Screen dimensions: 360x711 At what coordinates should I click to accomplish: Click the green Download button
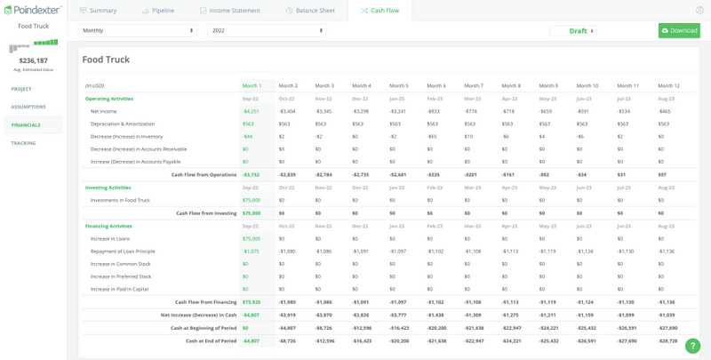coord(679,30)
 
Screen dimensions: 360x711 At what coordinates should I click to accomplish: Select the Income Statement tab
coord(233,11)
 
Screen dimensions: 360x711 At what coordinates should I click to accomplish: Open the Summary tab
coord(99,11)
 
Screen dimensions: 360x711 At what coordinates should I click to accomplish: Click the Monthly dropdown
coord(138,30)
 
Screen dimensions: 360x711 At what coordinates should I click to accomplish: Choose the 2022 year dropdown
coord(266,30)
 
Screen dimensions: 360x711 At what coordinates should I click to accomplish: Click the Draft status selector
coord(581,31)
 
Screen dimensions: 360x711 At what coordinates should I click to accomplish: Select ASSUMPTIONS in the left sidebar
coord(28,107)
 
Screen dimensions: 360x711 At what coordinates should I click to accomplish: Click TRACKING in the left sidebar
coord(23,142)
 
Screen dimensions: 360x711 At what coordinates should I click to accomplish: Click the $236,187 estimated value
coord(33,60)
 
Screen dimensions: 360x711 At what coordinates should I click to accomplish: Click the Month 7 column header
coord(474,85)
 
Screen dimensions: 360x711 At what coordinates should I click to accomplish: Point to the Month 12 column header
coord(667,85)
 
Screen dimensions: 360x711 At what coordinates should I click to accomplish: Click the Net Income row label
coord(103,111)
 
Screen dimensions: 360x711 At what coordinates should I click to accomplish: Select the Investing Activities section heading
coord(108,188)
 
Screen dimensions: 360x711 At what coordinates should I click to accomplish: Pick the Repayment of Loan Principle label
coord(122,252)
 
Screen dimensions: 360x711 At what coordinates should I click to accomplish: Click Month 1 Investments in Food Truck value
coord(251,200)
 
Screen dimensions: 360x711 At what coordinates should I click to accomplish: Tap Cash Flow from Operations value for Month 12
coord(663,174)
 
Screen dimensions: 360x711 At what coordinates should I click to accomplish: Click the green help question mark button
coord(692,346)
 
